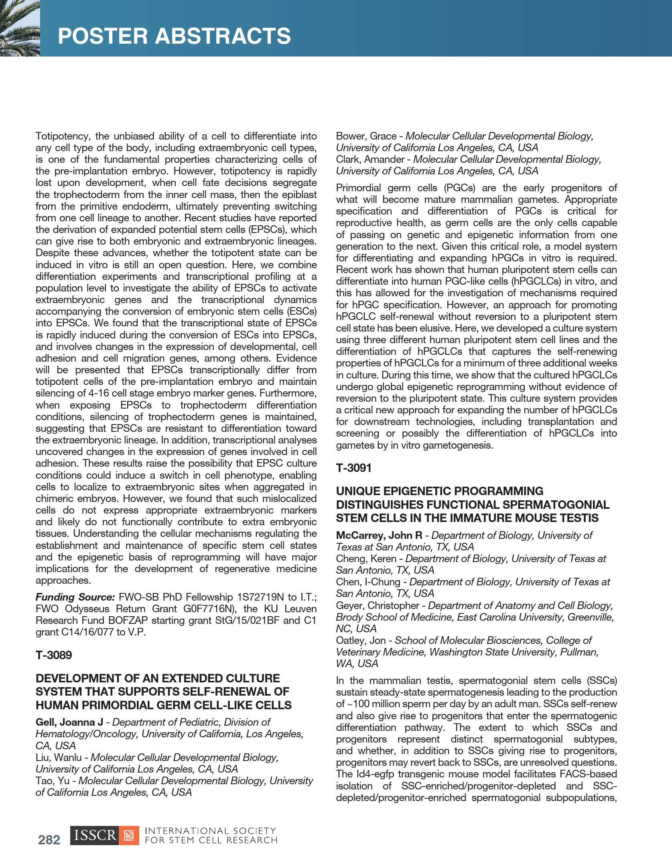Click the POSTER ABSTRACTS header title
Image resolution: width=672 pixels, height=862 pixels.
tap(174, 36)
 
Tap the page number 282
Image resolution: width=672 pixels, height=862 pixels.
tap(49, 840)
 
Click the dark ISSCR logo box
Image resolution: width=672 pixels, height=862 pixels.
tap(95, 836)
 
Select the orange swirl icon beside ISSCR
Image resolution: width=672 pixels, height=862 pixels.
tap(129, 836)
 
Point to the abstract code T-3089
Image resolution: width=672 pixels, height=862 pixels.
tap(54, 655)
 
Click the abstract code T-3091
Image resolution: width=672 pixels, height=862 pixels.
tap(354, 468)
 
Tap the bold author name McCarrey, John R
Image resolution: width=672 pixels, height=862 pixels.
tap(379, 535)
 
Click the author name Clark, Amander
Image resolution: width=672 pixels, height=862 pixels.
tap(370, 160)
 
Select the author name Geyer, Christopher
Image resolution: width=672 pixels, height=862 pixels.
tap(378, 605)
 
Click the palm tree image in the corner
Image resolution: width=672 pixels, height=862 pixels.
tap(19, 28)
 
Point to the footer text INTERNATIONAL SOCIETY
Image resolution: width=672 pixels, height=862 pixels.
tap(210, 831)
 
